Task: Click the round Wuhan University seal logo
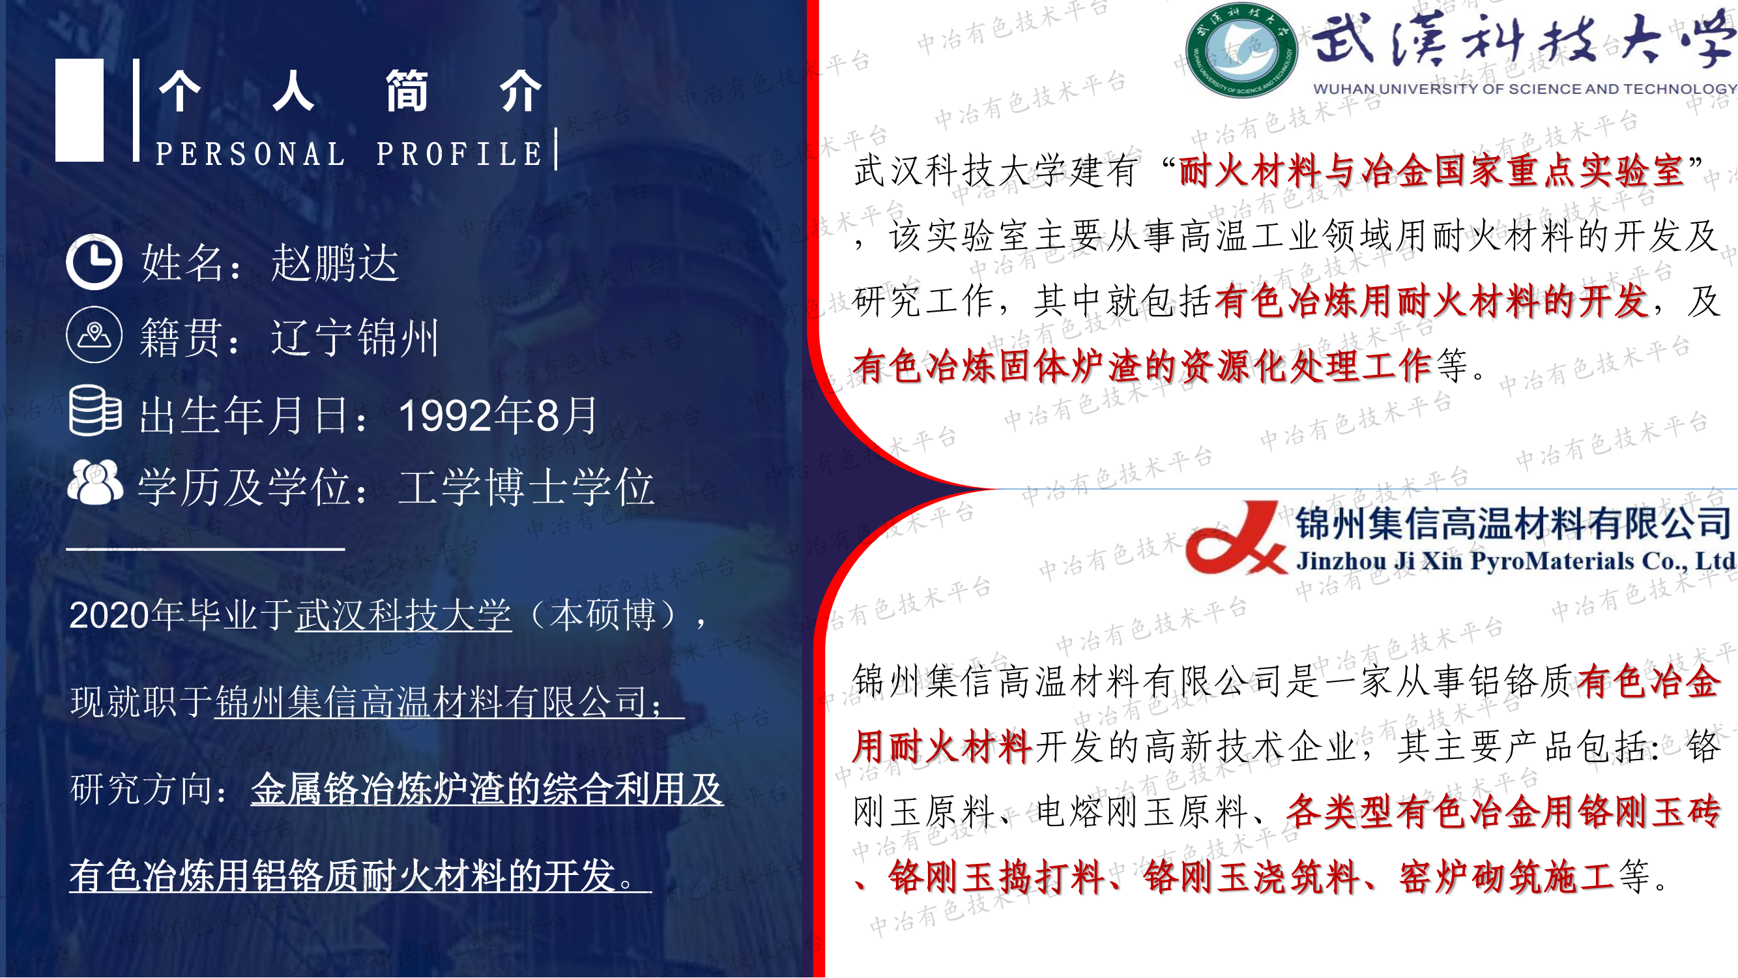pyautogui.click(x=1241, y=51)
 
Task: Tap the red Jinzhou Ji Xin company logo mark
pyautogui.click(x=1236, y=538)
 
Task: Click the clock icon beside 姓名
pyautogui.click(x=94, y=262)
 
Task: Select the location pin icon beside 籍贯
pyautogui.click(x=94, y=334)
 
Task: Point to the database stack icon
pyautogui.click(x=95, y=410)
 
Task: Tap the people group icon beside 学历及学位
pyautogui.click(x=95, y=482)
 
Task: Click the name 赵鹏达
pyautogui.click(x=336, y=263)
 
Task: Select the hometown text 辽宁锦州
pyautogui.click(x=355, y=337)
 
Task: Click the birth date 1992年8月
pyautogui.click(x=498, y=415)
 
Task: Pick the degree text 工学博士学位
pyautogui.click(x=527, y=486)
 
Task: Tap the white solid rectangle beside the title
pyautogui.click(x=80, y=110)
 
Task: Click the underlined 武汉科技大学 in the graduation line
pyautogui.click(x=403, y=615)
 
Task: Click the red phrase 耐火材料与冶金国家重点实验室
pyautogui.click(x=1432, y=170)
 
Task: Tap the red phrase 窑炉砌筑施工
pyautogui.click(x=1506, y=877)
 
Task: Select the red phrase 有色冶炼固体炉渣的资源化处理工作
pyautogui.click(x=1142, y=366)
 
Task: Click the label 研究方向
pyautogui.click(x=141, y=788)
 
